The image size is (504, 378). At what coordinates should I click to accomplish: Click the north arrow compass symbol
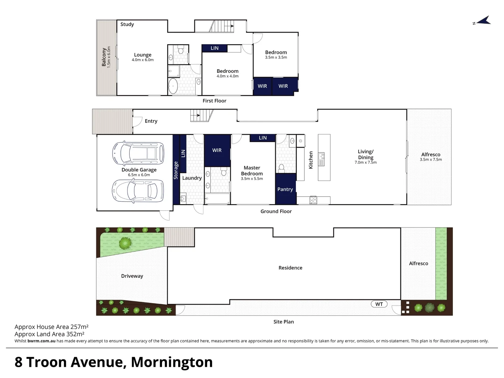tap(483, 21)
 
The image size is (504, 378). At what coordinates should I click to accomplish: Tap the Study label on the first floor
tap(127, 24)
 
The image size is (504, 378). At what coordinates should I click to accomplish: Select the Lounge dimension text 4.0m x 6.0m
tap(142, 60)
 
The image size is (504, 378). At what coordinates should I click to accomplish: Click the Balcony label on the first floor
tap(104, 57)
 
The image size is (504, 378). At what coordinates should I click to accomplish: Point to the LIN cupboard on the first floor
tap(215, 48)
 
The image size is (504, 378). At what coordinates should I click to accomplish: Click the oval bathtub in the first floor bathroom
tap(173, 86)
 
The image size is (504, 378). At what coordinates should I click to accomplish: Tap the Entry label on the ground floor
tap(151, 121)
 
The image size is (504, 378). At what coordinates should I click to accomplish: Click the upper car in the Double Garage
tap(138, 153)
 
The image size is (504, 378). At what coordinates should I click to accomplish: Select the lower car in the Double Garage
tap(138, 191)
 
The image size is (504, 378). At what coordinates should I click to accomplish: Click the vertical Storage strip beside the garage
tap(176, 170)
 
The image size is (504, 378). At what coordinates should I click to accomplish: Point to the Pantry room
tap(285, 189)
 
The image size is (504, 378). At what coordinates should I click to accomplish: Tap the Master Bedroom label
tap(252, 171)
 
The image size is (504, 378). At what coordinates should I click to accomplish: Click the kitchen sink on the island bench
tap(321, 159)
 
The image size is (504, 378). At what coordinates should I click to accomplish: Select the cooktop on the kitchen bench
tap(313, 200)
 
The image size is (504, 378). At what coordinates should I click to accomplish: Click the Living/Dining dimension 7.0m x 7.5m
tap(365, 162)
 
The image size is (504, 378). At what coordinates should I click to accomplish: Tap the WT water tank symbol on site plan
tap(379, 304)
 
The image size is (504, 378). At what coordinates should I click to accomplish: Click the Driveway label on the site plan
tap(132, 276)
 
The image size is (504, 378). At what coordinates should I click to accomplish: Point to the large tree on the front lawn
tap(125, 243)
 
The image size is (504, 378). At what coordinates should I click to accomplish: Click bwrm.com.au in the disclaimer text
tap(41, 341)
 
